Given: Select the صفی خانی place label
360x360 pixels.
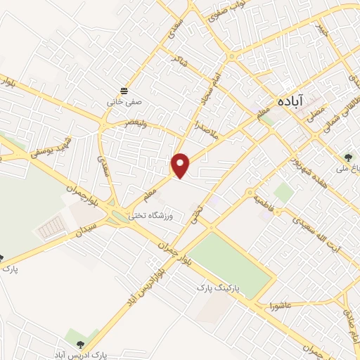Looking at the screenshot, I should tap(124, 101).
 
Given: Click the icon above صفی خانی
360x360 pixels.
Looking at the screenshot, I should tap(124, 91).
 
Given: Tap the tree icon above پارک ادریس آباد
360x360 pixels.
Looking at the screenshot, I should tap(79, 344).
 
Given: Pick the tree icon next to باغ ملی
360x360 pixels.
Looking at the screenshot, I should tap(349, 156).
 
